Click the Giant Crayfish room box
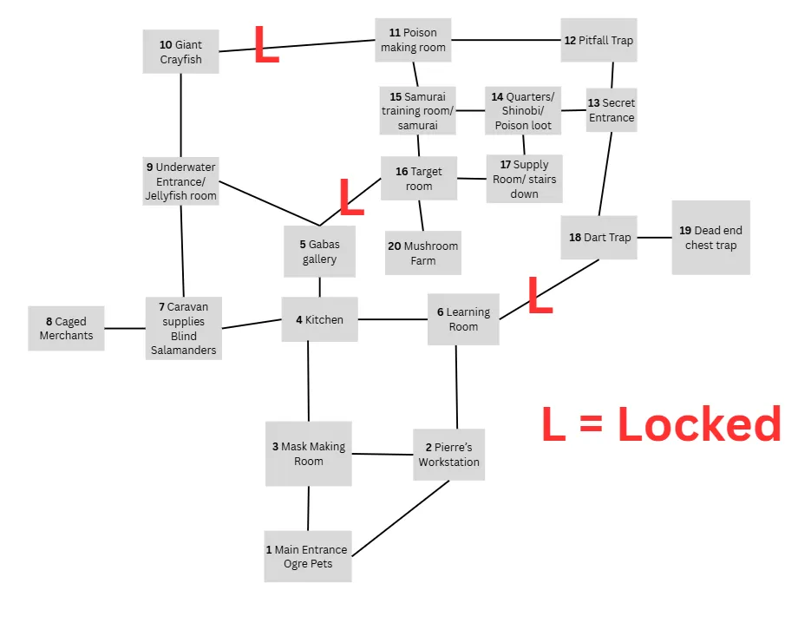point(180,51)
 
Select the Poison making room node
point(413,40)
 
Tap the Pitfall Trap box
point(598,40)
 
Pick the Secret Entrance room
point(612,110)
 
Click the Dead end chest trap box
point(710,238)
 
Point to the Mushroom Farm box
point(423,252)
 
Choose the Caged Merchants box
point(66,328)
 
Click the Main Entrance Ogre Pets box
point(308,556)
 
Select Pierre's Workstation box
point(448,454)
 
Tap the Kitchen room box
point(319,319)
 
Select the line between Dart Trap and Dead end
point(655,237)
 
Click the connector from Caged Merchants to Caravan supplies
point(124,328)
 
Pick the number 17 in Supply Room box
point(505,165)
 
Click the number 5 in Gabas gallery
point(303,245)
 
